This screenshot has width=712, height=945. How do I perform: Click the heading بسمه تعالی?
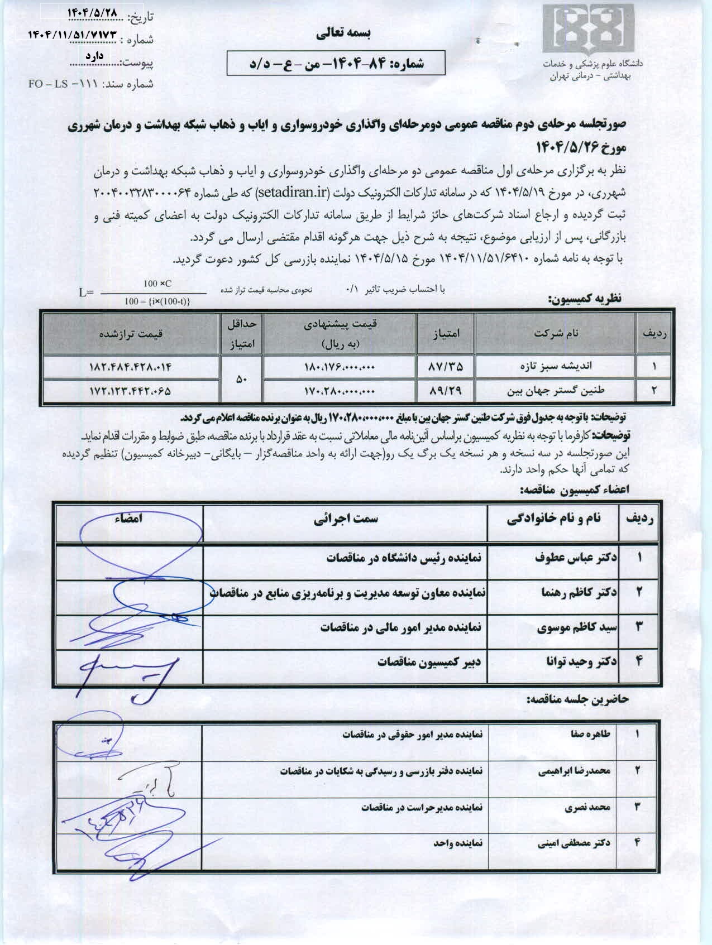click(x=343, y=34)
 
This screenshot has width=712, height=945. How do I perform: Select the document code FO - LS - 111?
click(x=63, y=84)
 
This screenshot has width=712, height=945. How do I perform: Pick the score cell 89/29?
click(x=446, y=391)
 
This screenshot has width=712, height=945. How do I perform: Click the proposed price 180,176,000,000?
click(x=339, y=367)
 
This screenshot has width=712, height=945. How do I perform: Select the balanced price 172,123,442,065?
click(x=130, y=391)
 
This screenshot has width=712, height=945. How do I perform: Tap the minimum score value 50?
click(x=241, y=379)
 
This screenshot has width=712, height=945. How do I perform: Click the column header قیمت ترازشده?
click(x=131, y=333)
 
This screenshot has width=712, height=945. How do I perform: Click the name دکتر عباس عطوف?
click(x=576, y=558)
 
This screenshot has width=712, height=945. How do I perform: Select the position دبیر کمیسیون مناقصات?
click(x=429, y=662)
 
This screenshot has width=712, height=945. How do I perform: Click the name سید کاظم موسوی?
click(x=577, y=627)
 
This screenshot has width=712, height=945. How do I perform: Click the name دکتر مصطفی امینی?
click(x=574, y=843)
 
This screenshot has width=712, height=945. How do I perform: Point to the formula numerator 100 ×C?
click(x=157, y=284)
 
